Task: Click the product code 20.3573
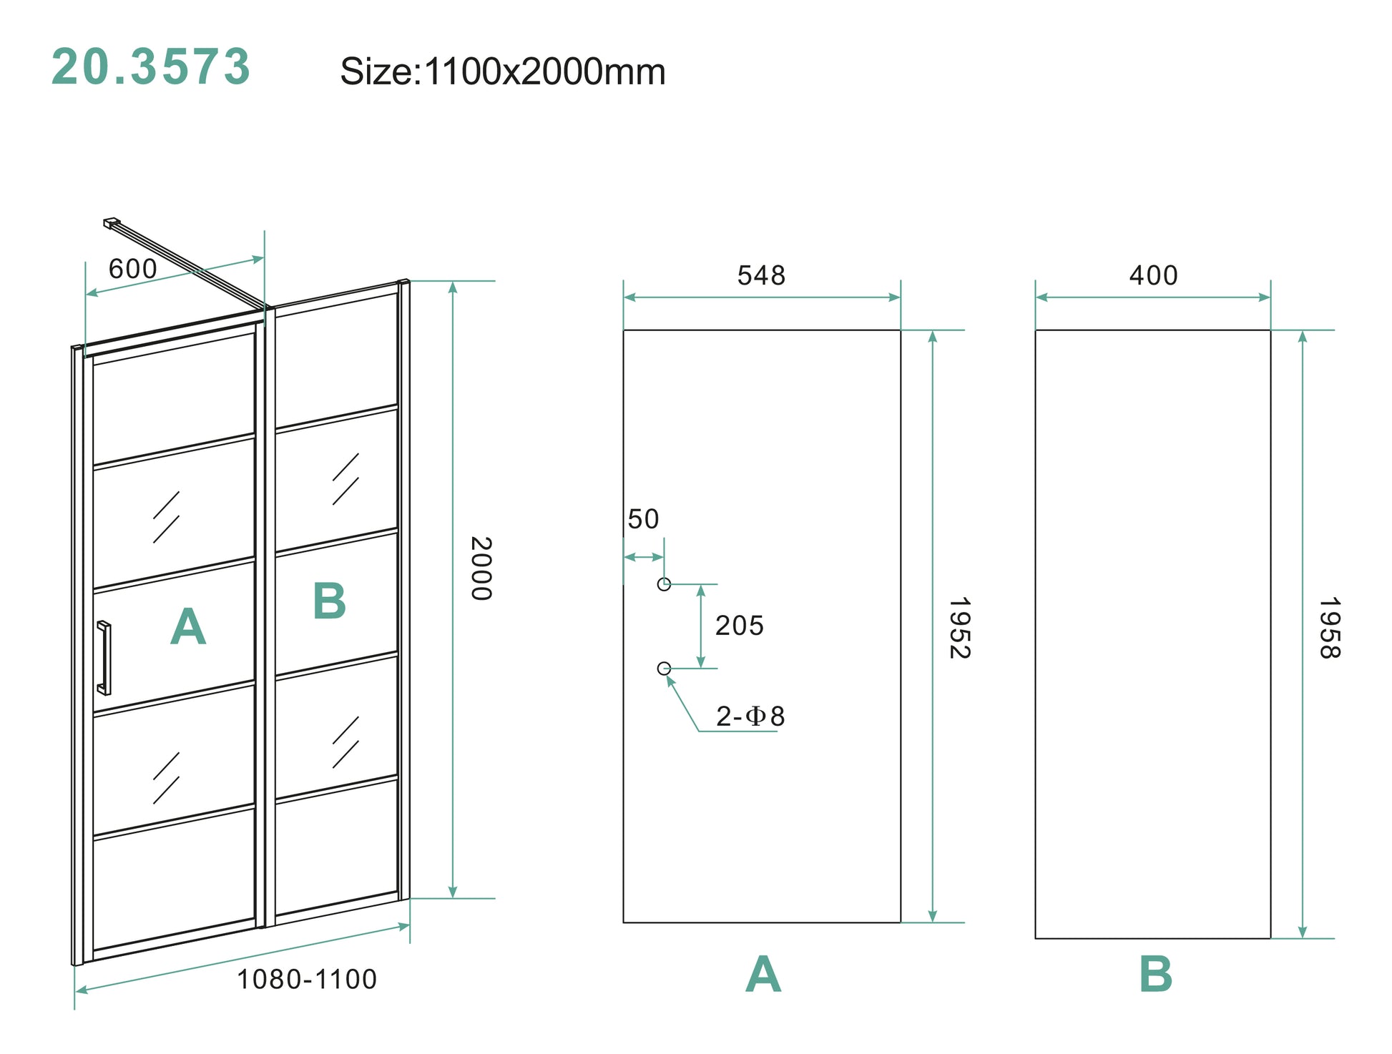(151, 67)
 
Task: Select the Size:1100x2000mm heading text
(502, 72)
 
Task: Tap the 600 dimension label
(132, 269)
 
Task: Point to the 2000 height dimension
(481, 568)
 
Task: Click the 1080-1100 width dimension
(306, 979)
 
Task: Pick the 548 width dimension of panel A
(761, 275)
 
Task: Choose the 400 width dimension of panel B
(1153, 275)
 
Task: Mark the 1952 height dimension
(959, 628)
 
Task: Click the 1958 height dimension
(1329, 628)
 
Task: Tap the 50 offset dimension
(643, 519)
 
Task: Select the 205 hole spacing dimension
(740, 626)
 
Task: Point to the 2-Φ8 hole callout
(750, 716)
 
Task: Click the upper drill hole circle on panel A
(664, 584)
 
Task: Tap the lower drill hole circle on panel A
(664, 669)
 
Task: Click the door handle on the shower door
(104, 658)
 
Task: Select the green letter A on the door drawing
(188, 627)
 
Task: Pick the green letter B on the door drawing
(329, 601)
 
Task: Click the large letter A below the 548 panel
(763, 974)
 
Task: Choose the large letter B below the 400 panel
(1155, 974)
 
